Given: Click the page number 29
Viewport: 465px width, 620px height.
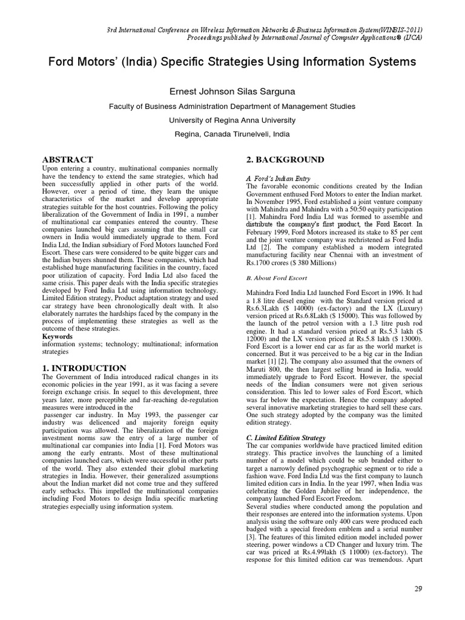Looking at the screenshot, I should pos(418,589).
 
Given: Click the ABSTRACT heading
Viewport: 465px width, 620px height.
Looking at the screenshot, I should pos(67,159).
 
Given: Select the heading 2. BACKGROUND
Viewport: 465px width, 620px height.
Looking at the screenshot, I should pos(285,160).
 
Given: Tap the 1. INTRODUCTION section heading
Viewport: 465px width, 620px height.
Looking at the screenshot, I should pos(84,368).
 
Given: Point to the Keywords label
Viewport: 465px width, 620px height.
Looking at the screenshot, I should pos(57,336).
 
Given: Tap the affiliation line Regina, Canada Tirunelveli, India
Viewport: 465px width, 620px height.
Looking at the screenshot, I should pos(232,134).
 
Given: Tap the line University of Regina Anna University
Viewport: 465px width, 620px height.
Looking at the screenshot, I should pos(232,120).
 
